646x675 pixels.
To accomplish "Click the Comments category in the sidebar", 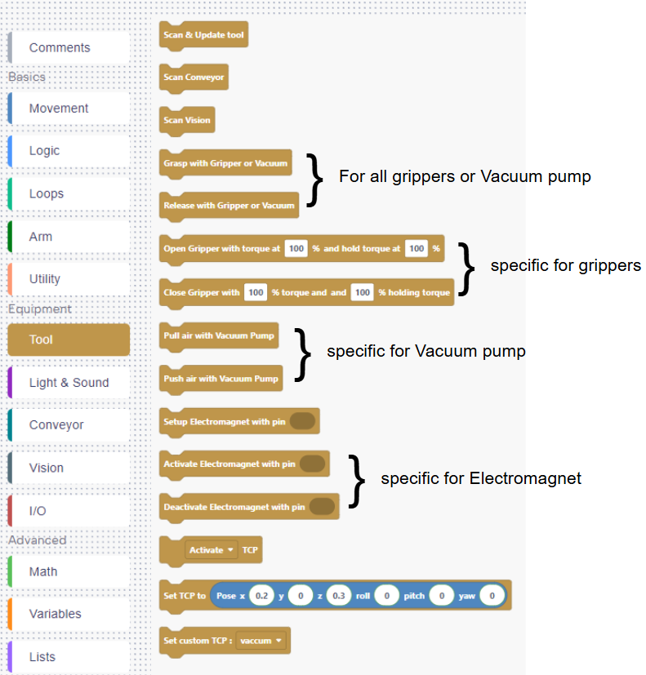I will click(60, 47).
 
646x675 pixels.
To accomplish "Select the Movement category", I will click(59, 109).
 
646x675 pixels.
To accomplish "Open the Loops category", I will click(47, 194).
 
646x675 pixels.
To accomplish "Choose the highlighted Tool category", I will click(69, 340).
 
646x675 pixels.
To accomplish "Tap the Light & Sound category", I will click(69, 383).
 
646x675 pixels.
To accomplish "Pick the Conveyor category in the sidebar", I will click(56, 425).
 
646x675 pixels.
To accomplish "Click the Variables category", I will click(55, 614).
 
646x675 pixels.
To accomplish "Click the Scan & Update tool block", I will click(203, 35).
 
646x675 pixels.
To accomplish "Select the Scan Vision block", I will click(187, 120).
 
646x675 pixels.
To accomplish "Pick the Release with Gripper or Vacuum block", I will click(229, 206).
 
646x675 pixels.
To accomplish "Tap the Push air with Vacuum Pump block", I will click(221, 378).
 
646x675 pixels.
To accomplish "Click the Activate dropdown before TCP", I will click(212, 550).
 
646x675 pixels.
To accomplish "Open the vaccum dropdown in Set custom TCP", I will click(262, 641).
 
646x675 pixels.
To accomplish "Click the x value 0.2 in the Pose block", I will click(261, 597).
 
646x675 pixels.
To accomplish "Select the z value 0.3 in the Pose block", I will click(339, 597).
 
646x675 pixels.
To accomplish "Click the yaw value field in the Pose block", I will click(492, 597).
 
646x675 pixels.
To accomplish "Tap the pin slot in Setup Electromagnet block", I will click(302, 421).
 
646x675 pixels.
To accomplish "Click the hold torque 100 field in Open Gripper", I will click(416, 248).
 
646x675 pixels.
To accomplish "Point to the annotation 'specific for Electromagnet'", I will click(481, 478).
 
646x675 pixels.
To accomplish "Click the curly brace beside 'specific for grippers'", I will click(466, 269).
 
